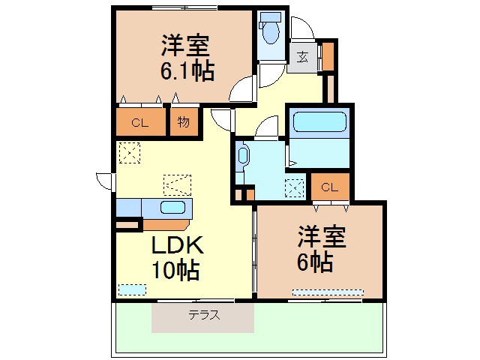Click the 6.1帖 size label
click(x=186, y=71)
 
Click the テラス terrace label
click(x=204, y=316)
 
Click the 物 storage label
click(x=184, y=122)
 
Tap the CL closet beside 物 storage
click(x=140, y=123)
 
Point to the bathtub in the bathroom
click(x=319, y=123)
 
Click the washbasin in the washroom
click(x=242, y=157)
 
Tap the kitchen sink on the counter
click(x=173, y=208)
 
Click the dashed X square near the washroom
click(x=295, y=187)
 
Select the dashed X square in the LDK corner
click(x=129, y=153)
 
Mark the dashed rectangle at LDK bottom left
click(x=132, y=289)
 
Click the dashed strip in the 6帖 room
click(x=328, y=292)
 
